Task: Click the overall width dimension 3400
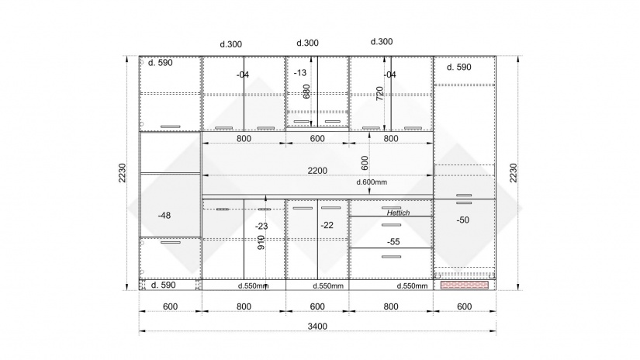(317, 326)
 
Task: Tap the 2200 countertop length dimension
(317, 171)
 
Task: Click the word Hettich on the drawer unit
(398, 213)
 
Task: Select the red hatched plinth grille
(465, 285)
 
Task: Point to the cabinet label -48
(164, 215)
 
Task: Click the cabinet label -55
(393, 241)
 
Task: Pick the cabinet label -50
(462, 220)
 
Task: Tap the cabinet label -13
(300, 73)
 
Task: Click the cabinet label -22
(327, 225)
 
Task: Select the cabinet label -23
(261, 226)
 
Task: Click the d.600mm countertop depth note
(372, 182)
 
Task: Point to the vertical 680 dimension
(306, 92)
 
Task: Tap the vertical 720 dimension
(379, 93)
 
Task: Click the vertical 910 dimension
(261, 242)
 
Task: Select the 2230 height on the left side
(123, 173)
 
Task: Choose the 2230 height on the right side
(513, 173)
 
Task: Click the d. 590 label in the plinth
(163, 285)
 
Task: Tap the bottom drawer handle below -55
(392, 257)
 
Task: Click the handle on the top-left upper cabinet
(170, 126)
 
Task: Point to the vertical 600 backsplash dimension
(365, 163)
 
